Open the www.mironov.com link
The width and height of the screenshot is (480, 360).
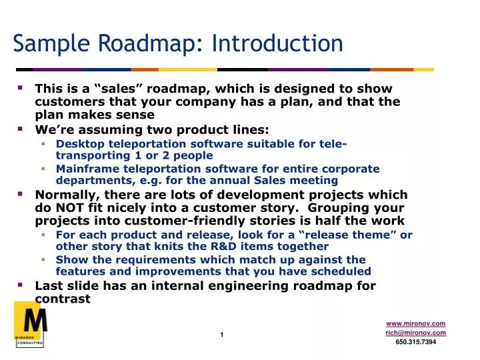(x=415, y=323)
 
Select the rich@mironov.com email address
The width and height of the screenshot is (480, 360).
(x=415, y=333)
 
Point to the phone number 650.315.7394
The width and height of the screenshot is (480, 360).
(x=415, y=342)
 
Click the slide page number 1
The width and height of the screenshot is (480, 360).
(x=222, y=334)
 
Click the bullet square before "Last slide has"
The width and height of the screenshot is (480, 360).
(x=20, y=284)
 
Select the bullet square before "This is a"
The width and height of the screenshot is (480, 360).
(x=20, y=87)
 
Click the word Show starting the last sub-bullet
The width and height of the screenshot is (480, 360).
(x=70, y=259)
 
